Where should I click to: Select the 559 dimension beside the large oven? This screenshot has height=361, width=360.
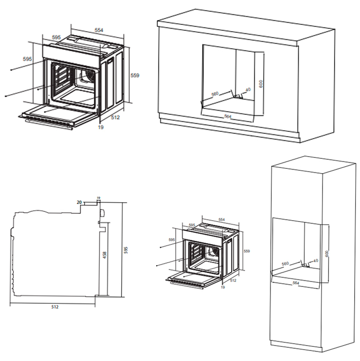134,76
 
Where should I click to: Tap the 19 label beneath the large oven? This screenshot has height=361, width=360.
100,127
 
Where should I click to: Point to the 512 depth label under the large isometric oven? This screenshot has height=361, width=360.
115,118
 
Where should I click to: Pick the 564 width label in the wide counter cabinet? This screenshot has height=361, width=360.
228,115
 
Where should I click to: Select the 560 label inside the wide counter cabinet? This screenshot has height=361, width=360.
215,94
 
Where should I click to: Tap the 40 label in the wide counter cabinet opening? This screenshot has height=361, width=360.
247,90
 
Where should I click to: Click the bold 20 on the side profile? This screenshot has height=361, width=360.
79,202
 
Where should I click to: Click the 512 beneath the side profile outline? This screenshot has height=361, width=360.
55,306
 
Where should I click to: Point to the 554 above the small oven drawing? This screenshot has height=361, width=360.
221,219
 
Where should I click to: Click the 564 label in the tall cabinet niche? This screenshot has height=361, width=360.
296,283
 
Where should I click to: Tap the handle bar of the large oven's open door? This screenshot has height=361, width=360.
49,123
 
